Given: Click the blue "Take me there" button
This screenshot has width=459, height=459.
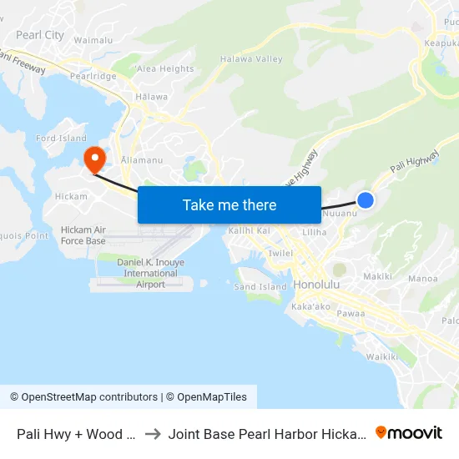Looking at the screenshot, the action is click(x=229, y=204).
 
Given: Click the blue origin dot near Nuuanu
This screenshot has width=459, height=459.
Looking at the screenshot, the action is click(x=366, y=199).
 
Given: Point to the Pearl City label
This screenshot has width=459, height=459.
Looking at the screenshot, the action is click(x=40, y=35).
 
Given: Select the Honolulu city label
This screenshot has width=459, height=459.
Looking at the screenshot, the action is click(x=316, y=285).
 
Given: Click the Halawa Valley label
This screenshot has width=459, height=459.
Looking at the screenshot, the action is click(x=251, y=59).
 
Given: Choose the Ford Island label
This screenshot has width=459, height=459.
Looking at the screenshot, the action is click(x=61, y=139).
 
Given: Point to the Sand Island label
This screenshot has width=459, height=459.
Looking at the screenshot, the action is click(x=260, y=287).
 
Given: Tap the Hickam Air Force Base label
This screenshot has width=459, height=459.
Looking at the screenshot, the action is click(x=83, y=235).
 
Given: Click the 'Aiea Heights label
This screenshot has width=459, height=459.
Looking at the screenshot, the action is click(x=164, y=68).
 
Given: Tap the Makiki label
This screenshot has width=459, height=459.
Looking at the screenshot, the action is click(x=377, y=276).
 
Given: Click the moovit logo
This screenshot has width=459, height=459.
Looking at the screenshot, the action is click(x=409, y=433).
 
